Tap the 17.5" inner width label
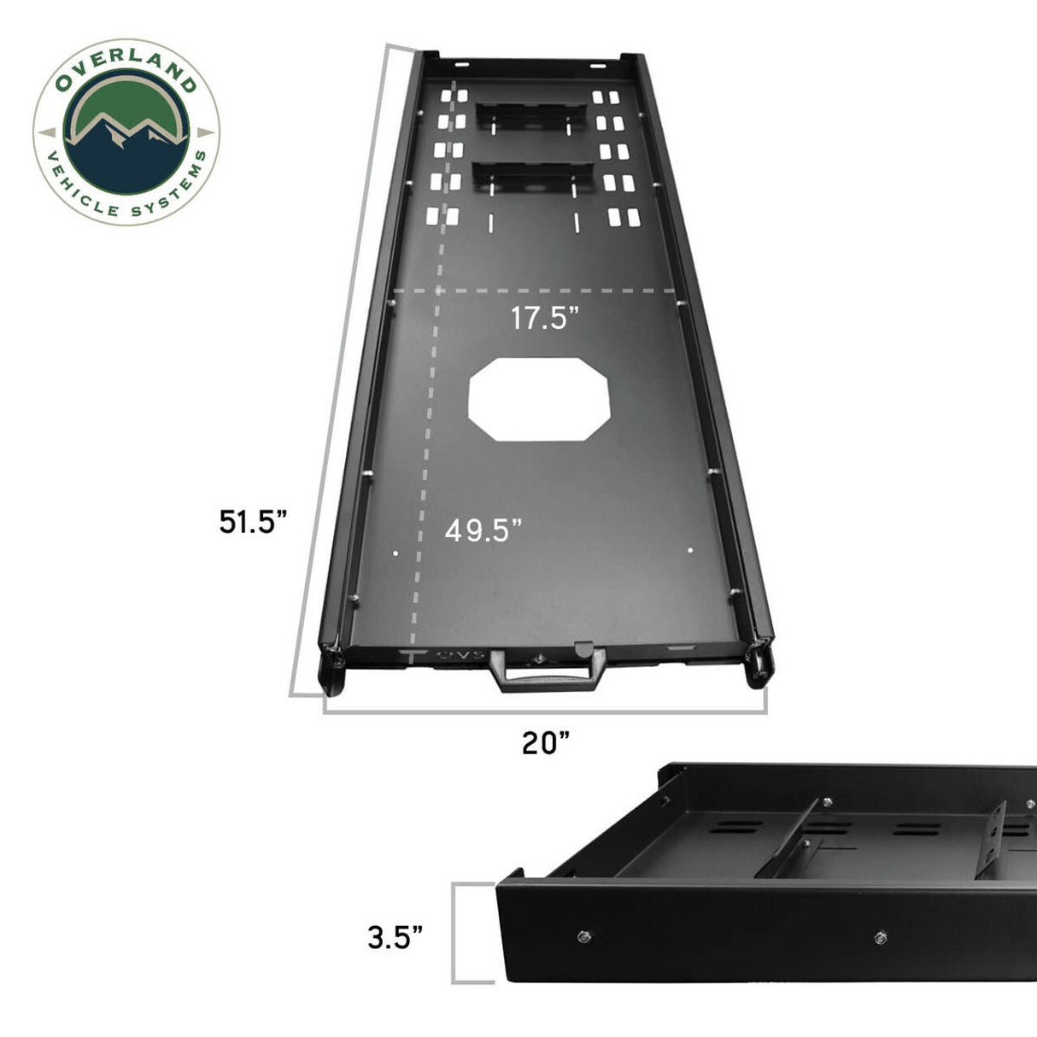(545, 319)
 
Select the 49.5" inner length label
(483, 530)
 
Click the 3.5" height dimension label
(395, 937)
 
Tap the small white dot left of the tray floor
(395, 553)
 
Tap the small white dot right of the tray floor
(690, 550)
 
